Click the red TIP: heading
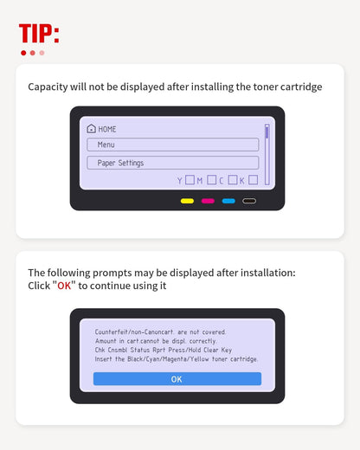pyautogui.click(x=39, y=33)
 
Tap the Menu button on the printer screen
pyautogui.click(x=173, y=145)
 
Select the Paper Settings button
pyautogui.click(x=173, y=163)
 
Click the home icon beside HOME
pyautogui.click(x=91, y=129)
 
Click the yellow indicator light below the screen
pyautogui.click(x=187, y=201)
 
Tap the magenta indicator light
pyautogui.click(x=208, y=201)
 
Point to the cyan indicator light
pyautogui.click(x=228, y=201)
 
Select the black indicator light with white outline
pyautogui.click(x=249, y=201)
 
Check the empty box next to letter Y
pyautogui.click(x=190, y=180)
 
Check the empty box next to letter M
pyautogui.click(x=211, y=180)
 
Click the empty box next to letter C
pyautogui.click(x=233, y=180)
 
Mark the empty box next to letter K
pyautogui.click(x=253, y=180)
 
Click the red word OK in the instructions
pyautogui.click(x=64, y=286)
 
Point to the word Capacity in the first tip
pyautogui.click(x=48, y=87)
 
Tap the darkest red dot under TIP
pyautogui.click(x=23, y=53)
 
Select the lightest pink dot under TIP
pyautogui.click(x=42, y=53)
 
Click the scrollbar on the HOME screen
pyautogui.click(x=267, y=154)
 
